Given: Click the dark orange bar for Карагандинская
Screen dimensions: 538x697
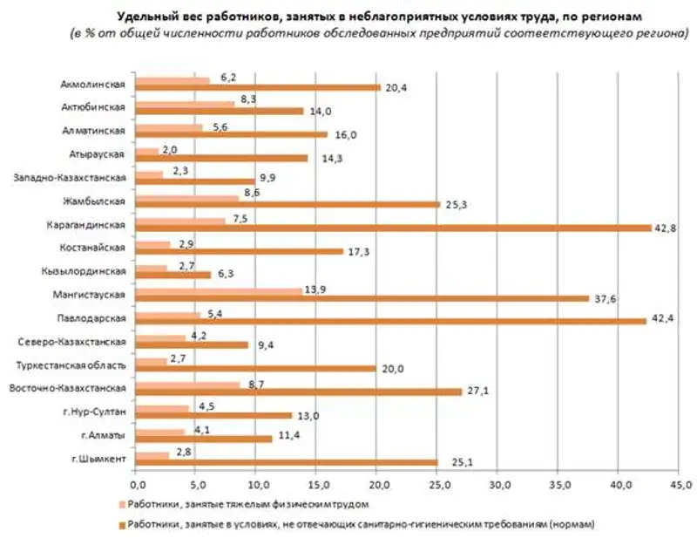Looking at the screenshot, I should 394,228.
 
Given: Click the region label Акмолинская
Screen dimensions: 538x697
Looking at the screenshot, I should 94,84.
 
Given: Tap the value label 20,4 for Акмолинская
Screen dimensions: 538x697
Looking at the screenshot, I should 396,87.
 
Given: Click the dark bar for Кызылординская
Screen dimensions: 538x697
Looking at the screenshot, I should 174,274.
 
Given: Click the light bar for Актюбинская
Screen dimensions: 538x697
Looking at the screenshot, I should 186,103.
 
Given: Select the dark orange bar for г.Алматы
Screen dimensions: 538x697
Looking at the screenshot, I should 205,438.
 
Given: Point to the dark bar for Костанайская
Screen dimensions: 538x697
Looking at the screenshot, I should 240,251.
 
